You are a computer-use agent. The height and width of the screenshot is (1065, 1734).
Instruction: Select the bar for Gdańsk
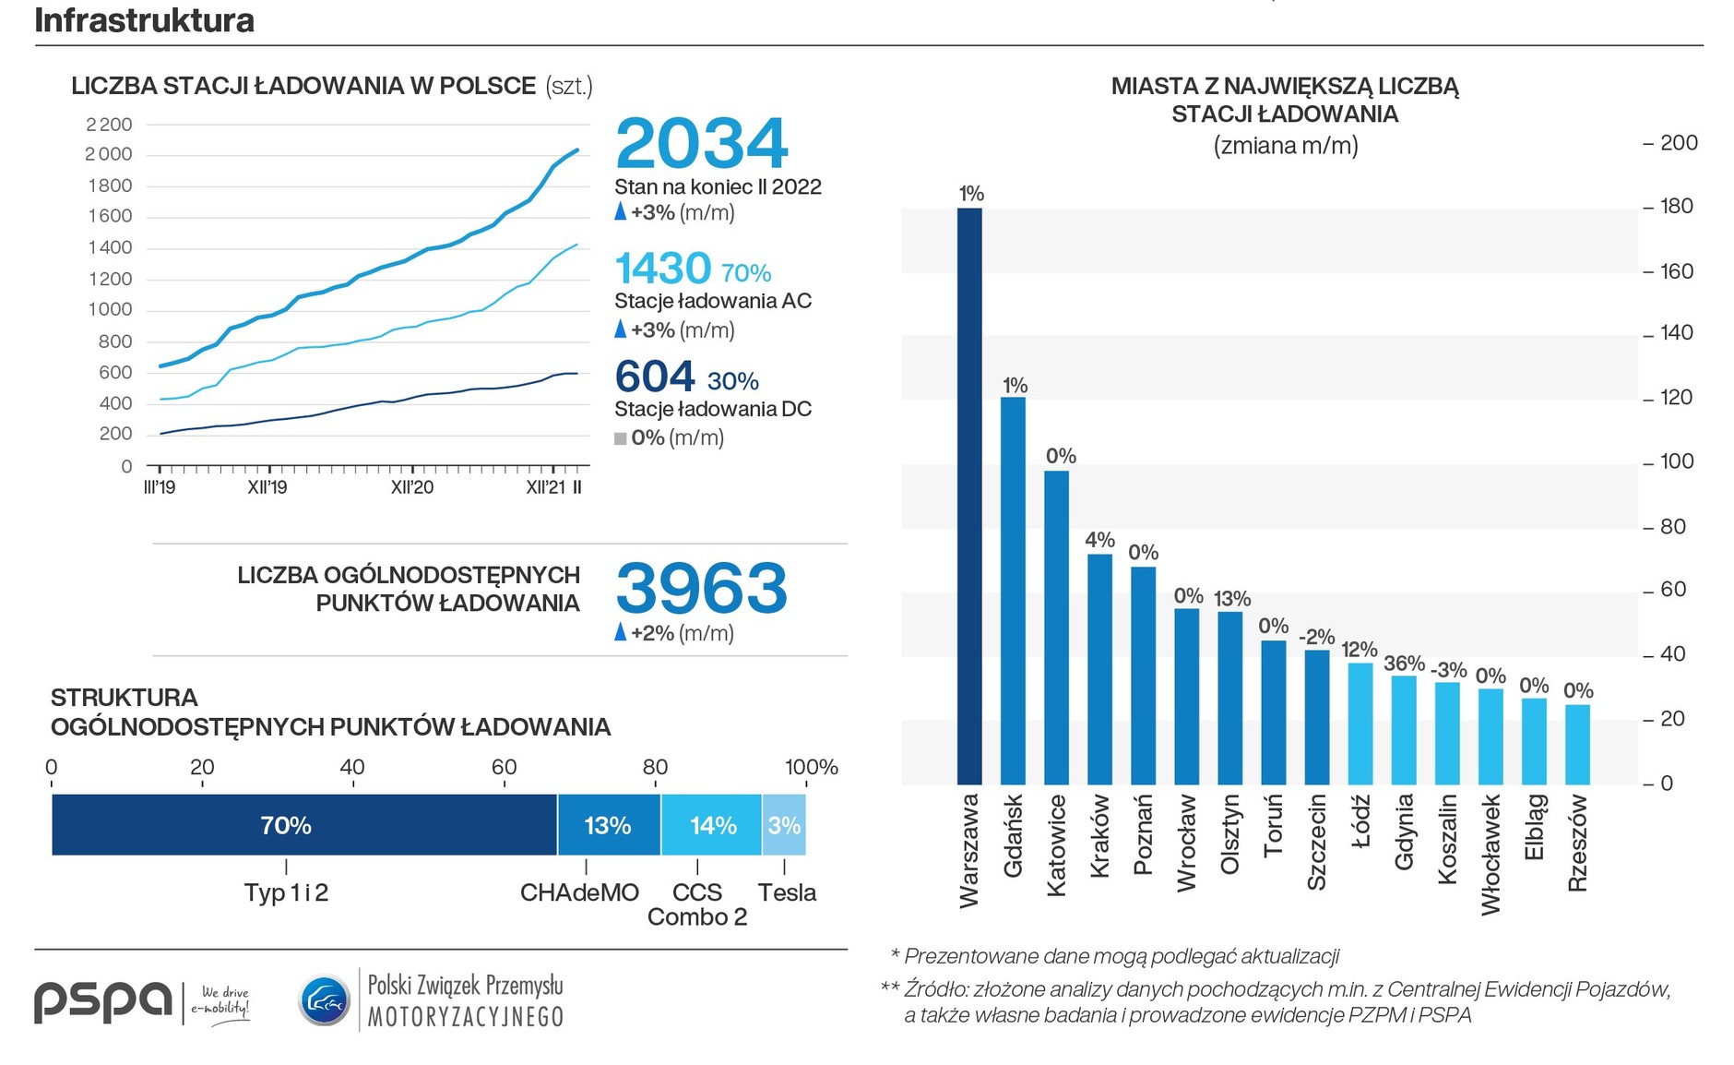[x=1013, y=591]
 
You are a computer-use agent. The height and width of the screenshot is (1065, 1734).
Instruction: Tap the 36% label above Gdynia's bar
[x=1404, y=664]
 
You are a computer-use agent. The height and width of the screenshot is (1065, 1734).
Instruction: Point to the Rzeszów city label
[x=1577, y=843]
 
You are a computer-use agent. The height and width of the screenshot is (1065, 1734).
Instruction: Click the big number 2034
[x=701, y=144]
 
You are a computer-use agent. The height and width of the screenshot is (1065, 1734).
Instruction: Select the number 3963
[x=701, y=588]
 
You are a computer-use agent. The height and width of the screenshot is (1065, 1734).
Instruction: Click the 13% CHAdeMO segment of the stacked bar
[x=609, y=825]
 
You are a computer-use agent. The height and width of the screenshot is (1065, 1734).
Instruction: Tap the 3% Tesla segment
[x=784, y=825]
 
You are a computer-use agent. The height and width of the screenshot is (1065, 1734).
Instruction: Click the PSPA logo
[x=103, y=1000]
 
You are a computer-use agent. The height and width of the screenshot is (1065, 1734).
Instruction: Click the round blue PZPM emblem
[x=324, y=1000]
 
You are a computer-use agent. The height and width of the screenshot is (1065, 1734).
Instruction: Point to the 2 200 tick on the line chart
[x=109, y=125]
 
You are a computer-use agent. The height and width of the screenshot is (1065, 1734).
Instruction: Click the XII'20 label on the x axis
[x=411, y=487]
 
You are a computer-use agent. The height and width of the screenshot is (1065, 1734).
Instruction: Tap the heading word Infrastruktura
[x=145, y=20]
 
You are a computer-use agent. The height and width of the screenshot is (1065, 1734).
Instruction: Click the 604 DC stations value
[x=655, y=377]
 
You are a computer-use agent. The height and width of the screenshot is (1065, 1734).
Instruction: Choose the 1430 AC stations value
[x=662, y=269]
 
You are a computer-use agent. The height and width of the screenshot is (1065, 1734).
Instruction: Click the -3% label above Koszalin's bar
[x=1448, y=669]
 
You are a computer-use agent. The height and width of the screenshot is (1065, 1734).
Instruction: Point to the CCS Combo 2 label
[x=697, y=904]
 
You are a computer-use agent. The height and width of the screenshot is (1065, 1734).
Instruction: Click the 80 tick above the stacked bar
[x=655, y=767]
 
